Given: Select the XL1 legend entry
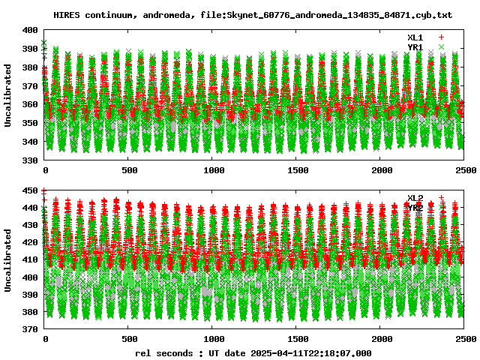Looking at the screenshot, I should point(415,37).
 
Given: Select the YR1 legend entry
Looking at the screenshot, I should point(415,46).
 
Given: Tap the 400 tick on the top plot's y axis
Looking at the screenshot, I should point(30,30).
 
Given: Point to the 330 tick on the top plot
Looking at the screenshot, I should point(30,160).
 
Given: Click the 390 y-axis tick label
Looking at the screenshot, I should point(30,49).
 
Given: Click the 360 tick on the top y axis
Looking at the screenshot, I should point(30,104).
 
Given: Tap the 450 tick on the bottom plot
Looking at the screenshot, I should point(30,190).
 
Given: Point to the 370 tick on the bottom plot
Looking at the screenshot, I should point(30,328).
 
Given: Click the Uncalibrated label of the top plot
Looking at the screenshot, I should point(8,95).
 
